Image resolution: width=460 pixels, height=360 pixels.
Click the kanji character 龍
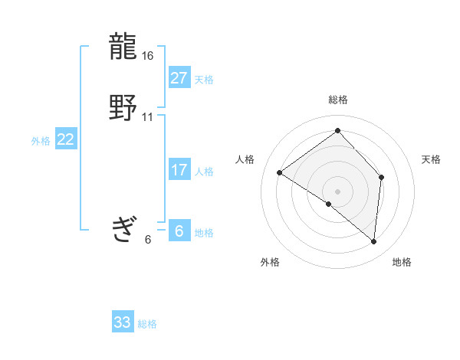(124, 47)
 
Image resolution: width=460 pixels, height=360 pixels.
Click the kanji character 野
(124, 108)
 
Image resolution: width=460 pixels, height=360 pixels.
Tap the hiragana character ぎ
(124, 229)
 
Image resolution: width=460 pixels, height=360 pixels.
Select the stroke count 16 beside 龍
(148, 57)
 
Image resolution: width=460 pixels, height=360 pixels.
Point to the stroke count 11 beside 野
(148, 117)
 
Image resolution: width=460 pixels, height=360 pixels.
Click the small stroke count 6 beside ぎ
(148, 240)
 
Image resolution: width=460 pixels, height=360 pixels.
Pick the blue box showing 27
(179, 78)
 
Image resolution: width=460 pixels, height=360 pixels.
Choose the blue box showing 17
(179, 170)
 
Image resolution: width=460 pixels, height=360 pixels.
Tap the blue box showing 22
(65, 139)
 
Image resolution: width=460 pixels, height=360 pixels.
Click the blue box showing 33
(122, 322)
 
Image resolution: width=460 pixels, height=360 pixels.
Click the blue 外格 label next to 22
(41, 141)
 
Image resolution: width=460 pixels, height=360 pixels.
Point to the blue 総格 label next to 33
(147, 324)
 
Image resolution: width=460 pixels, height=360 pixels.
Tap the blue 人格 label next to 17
(204, 172)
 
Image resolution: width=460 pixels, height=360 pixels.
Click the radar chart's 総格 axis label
(338, 100)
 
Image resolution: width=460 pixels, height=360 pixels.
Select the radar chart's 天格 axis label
(431, 159)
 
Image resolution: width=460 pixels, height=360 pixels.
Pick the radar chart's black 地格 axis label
(402, 262)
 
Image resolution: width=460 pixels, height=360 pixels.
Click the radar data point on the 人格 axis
(280, 173)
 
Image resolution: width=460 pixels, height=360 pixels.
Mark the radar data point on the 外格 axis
(329, 204)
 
